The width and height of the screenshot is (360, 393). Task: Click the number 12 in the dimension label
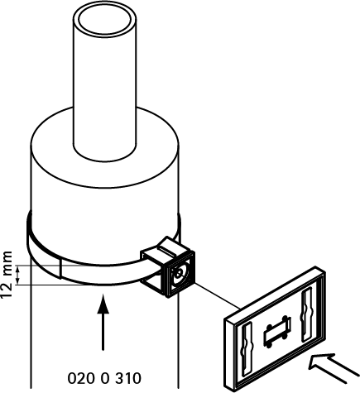7,290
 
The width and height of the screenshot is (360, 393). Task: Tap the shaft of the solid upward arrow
103,332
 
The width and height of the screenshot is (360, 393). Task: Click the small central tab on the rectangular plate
277,332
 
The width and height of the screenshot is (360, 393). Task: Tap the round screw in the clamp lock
179,274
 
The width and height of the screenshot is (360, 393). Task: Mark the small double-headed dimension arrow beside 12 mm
18,275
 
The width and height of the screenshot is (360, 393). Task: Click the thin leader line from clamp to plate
218,295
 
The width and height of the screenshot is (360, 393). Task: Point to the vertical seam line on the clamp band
60,269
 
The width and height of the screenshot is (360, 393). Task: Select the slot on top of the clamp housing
167,250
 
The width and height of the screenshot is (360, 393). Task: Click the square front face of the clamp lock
180,274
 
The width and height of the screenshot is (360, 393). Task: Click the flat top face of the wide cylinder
155,155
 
